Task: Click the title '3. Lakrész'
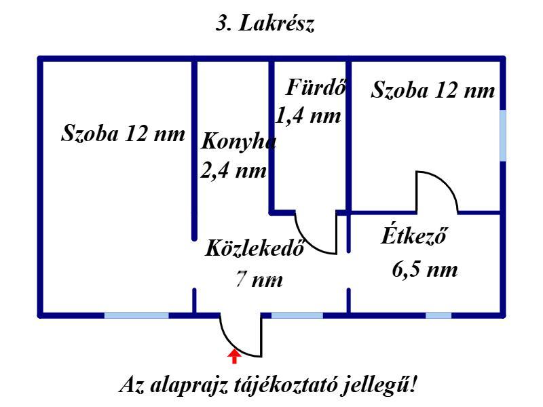[265, 25]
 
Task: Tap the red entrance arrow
[234, 355]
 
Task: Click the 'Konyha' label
[239, 142]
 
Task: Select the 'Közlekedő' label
[254, 248]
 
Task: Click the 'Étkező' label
[415, 237]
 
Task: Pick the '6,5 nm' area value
[425, 270]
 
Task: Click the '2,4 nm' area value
[233, 170]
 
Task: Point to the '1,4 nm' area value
[307, 115]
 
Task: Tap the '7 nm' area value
[259, 280]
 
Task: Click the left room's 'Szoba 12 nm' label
[123, 133]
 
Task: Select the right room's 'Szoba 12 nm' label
[433, 90]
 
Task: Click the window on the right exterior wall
[503, 136]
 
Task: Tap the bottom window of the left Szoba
[136, 315]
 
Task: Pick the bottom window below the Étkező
[438, 315]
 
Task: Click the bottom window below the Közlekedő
[297, 315]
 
